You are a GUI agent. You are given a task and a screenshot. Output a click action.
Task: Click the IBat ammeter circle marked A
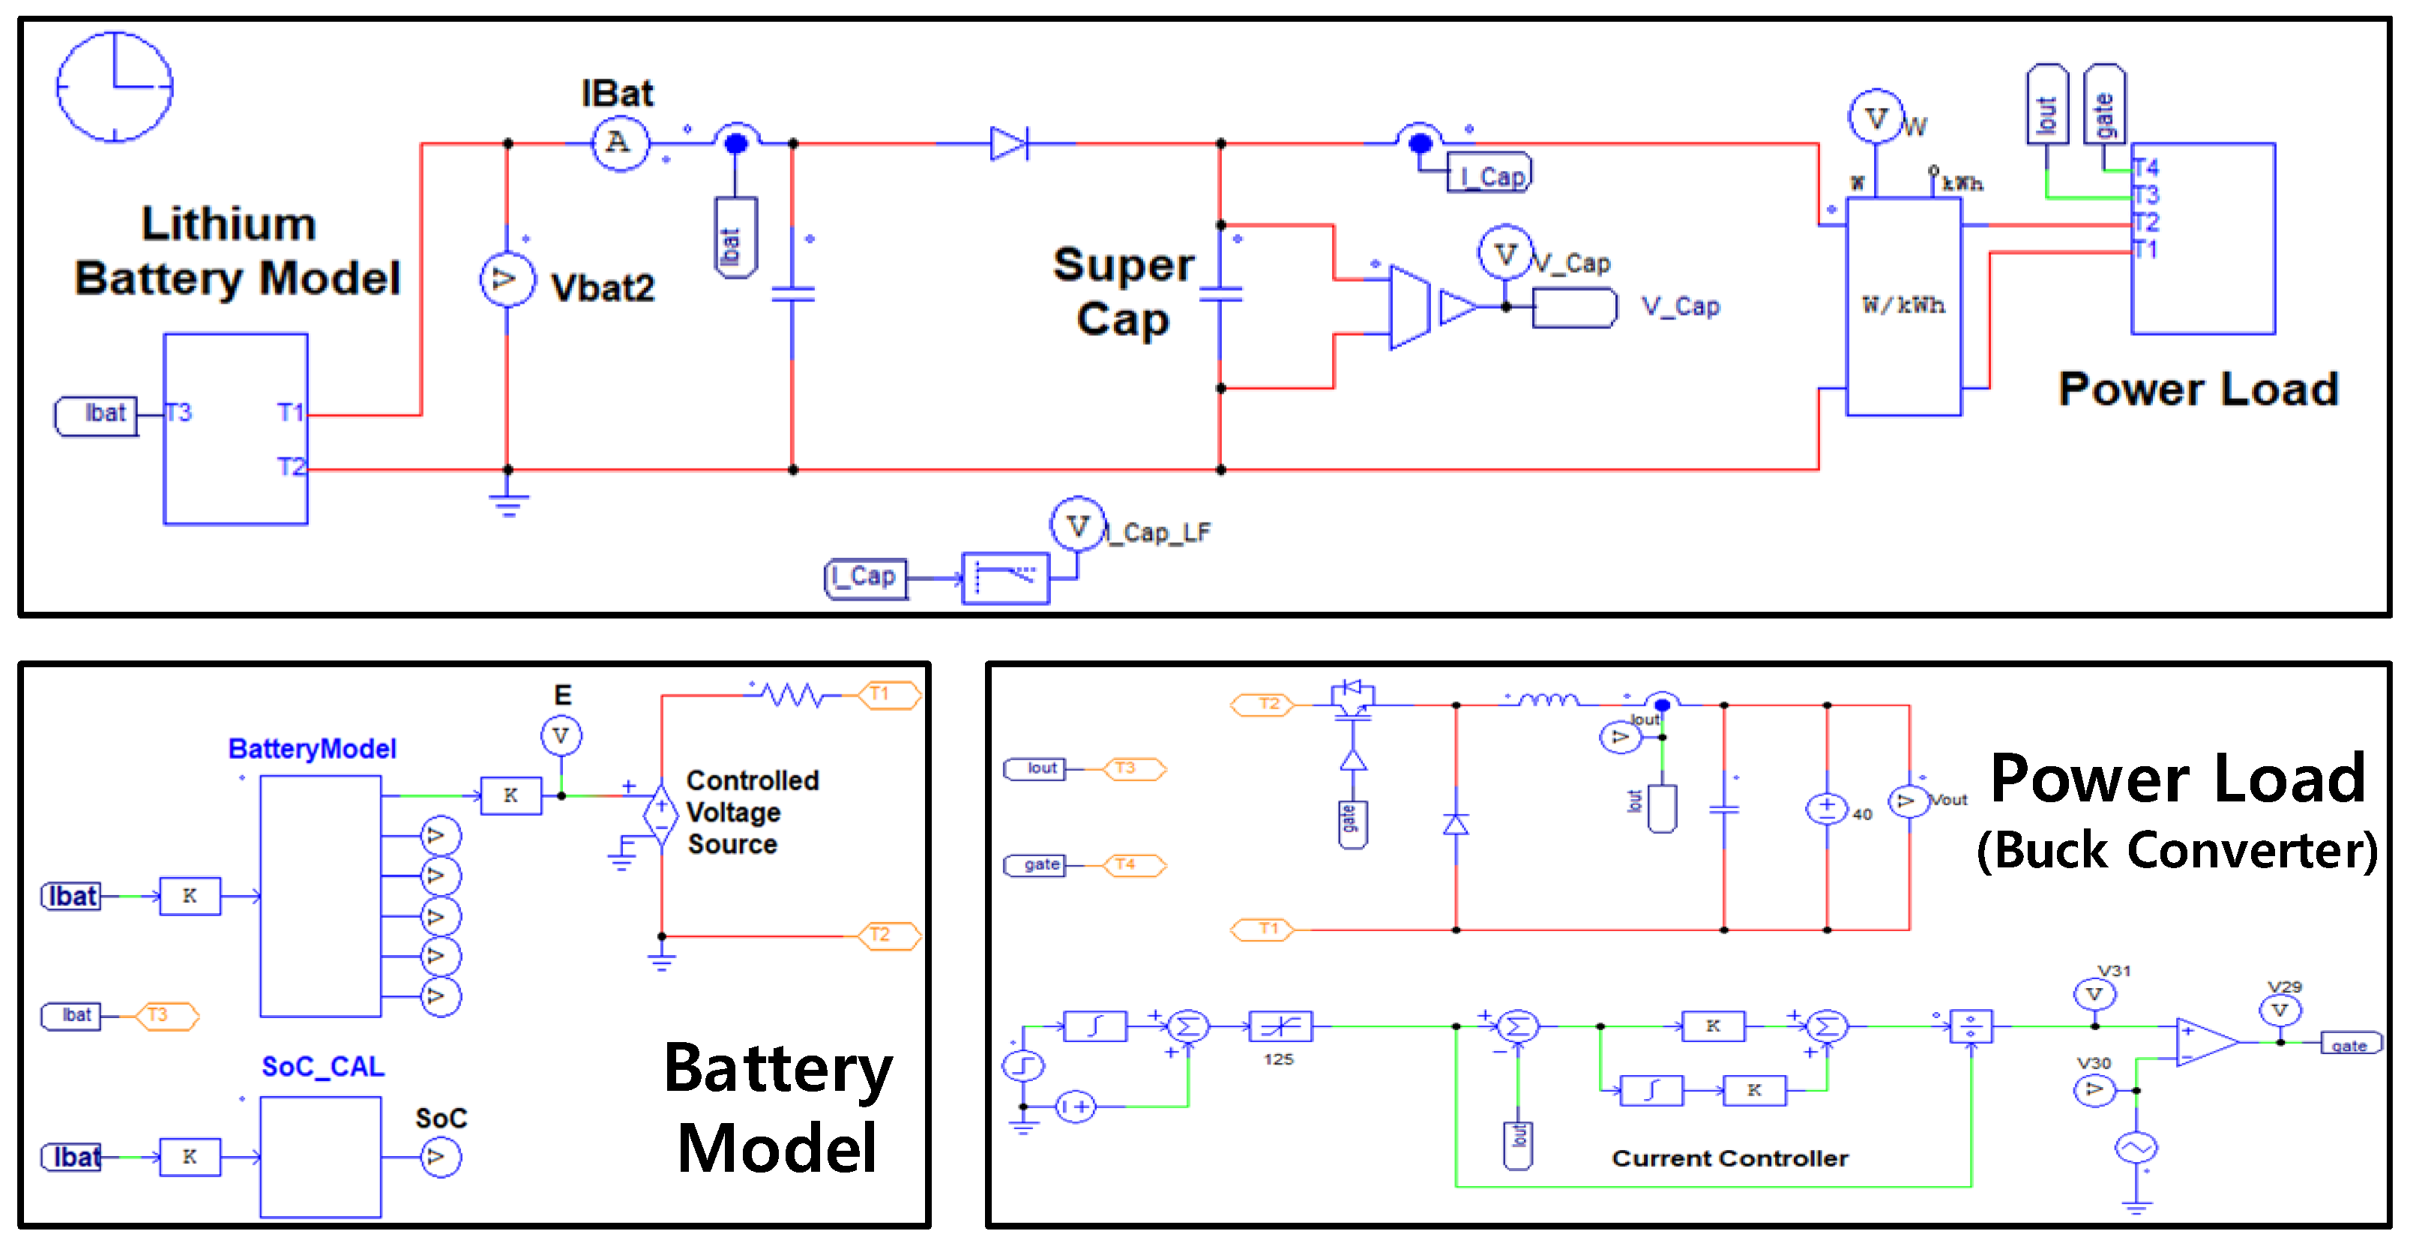click(x=619, y=143)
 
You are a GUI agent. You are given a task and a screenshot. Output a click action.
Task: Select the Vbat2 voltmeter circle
click(x=506, y=279)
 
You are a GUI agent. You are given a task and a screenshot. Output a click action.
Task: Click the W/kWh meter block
click(x=1903, y=306)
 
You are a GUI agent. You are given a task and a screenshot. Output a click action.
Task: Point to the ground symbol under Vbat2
click(x=508, y=505)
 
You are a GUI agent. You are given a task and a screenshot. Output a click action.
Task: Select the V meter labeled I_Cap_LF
click(x=1077, y=525)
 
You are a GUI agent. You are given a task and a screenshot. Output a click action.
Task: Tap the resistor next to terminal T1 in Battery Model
click(x=792, y=694)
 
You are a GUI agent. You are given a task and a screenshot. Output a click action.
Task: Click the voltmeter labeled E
click(x=561, y=735)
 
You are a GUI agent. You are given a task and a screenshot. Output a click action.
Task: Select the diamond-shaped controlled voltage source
click(x=660, y=813)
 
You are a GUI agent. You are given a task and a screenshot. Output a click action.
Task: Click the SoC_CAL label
click(x=323, y=1067)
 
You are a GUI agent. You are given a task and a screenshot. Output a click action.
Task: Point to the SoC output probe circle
click(x=440, y=1158)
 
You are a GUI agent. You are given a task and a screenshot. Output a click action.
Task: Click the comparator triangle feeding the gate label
click(x=2205, y=1041)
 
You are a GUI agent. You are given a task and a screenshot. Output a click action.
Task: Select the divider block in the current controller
click(x=1970, y=1026)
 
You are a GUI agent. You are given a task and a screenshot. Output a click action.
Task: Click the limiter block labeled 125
click(x=1280, y=1026)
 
